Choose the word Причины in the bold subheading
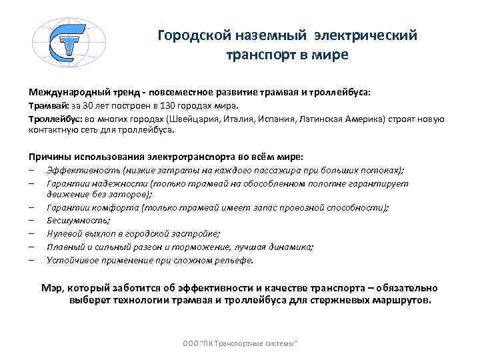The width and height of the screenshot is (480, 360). [49, 157]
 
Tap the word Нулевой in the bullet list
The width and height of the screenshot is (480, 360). [63, 233]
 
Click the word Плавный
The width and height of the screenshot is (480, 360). [64, 246]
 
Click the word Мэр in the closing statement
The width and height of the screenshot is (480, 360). [51, 288]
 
